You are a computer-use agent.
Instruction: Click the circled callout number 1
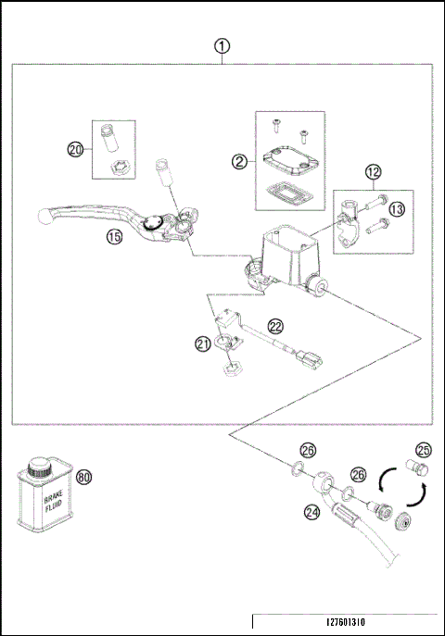(222, 46)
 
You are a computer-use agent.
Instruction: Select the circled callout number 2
(239, 162)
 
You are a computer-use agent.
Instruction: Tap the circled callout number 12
(373, 172)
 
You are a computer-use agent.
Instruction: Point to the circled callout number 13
(397, 209)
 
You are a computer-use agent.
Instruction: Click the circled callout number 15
(115, 236)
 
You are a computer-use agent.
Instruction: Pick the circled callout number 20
(75, 150)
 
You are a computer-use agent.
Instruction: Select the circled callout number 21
(203, 344)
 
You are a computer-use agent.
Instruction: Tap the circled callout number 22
(275, 326)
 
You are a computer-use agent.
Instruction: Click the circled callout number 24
(311, 513)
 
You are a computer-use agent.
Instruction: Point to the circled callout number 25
(424, 450)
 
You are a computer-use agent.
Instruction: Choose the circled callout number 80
(83, 477)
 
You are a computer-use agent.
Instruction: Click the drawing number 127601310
(346, 622)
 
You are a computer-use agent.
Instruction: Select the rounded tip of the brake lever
(44, 216)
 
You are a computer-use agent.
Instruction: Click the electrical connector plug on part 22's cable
(311, 359)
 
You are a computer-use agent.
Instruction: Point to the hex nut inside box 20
(120, 168)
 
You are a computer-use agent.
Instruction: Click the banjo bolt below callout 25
(417, 468)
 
